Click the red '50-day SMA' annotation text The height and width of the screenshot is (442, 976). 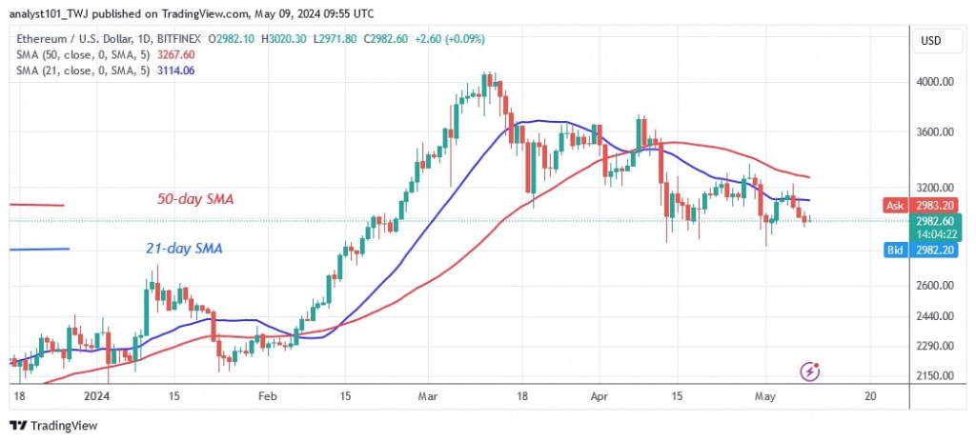(x=196, y=200)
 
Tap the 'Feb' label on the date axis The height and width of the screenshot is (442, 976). (x=267, y=395)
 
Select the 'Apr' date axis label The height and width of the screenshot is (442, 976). (x=600, y=395)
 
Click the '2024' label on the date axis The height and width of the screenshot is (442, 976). (x=95, y=395)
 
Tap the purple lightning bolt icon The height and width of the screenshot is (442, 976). (x=810, y=371)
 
